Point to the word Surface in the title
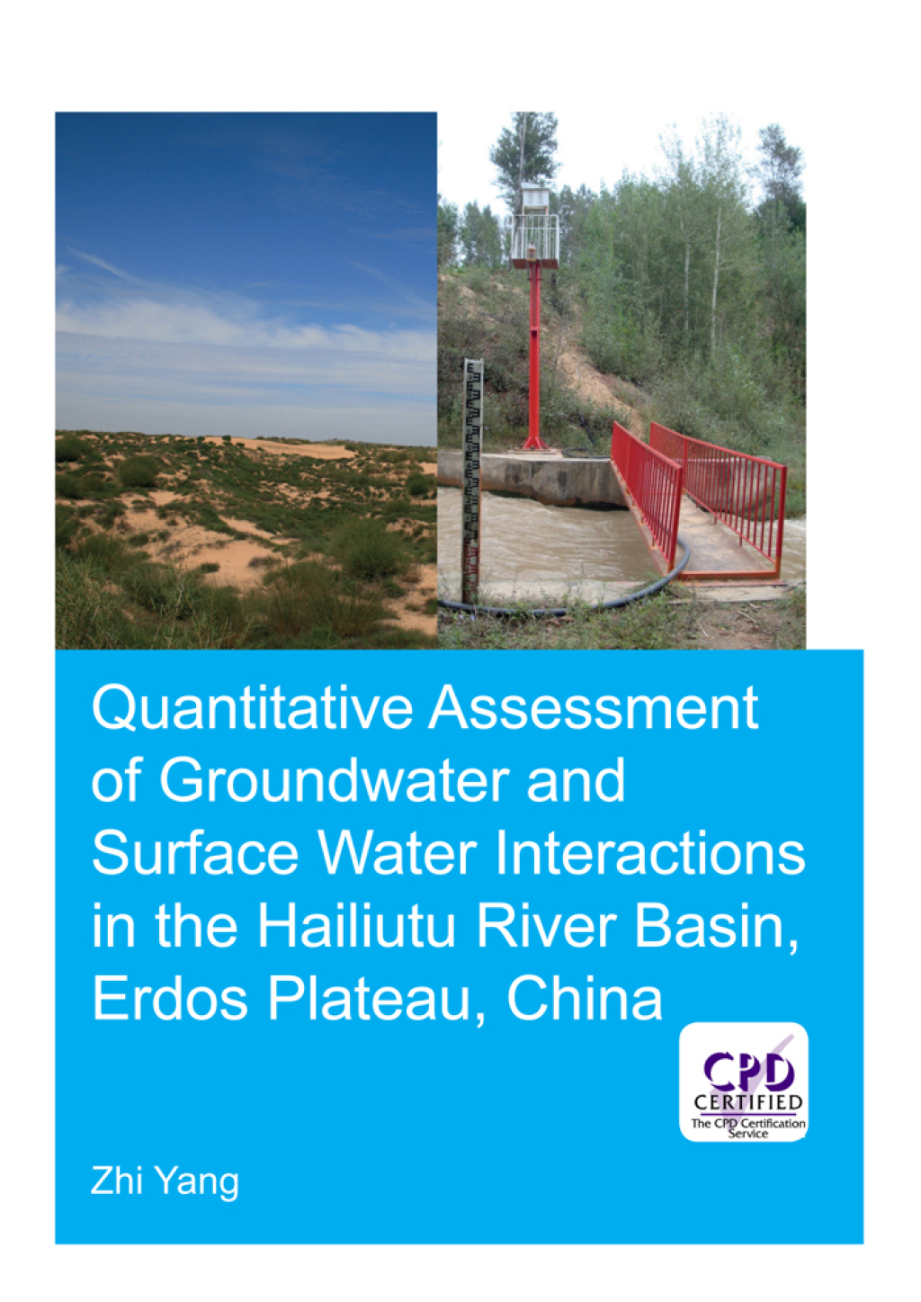[194, 852]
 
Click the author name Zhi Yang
[165, 1181]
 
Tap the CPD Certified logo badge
[744, 1082]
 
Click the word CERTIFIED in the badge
[747, 1102]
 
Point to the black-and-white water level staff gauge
[471, 477]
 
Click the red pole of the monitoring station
[534, 360]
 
